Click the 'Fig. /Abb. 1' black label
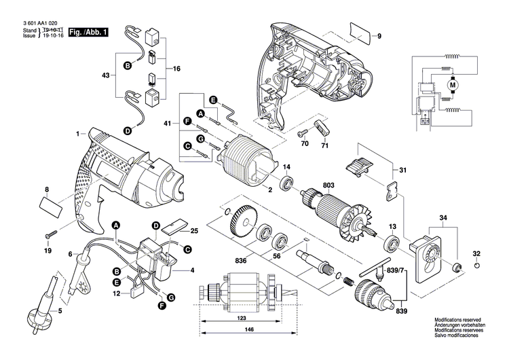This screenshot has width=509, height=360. [88, 32]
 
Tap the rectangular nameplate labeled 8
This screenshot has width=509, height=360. [52, 202]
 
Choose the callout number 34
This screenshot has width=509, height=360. [442, 218]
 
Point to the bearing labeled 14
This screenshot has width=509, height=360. [286, 181]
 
